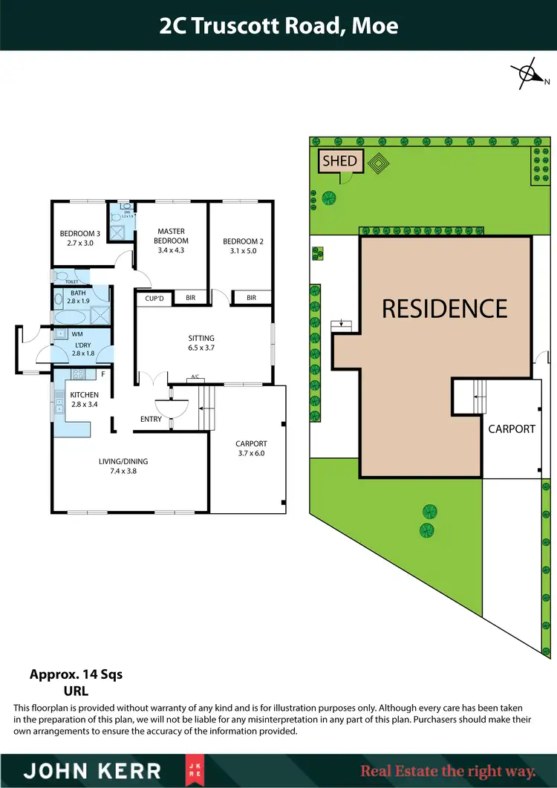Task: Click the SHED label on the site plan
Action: (339, 160)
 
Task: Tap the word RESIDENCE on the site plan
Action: (445, 308)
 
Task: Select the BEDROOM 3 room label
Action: (80, 234)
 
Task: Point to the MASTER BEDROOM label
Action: (171, 235)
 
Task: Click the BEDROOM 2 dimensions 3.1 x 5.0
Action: (244, 251)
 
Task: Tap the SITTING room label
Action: (201, 339)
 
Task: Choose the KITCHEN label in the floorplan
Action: (84, 394)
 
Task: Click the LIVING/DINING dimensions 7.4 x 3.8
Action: (123, 471)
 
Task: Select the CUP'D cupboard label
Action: (154, 298)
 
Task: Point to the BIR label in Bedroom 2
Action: (251, 298)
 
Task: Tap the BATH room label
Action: (78, 293)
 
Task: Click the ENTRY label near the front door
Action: (151, 420)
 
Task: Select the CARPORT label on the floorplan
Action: (250, 443)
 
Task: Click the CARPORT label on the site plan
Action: (512, 429)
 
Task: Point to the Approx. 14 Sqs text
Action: (76, 674)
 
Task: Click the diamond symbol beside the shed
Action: (379, 163)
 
